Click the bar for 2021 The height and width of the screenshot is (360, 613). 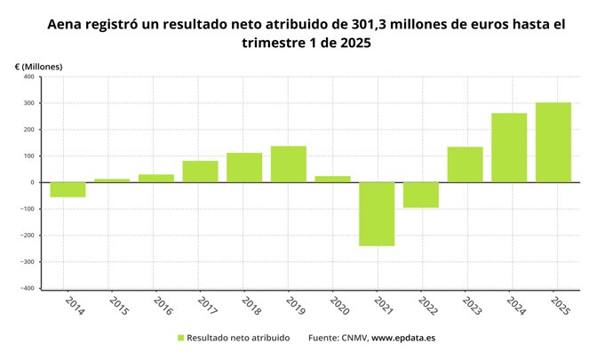tap(377, 214)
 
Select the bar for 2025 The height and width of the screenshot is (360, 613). tap(553, 142)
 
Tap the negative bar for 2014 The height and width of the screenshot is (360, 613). tap(68, 189)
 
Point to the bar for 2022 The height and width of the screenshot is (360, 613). tap(421, 195)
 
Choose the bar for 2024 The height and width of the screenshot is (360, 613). tap(509, 148)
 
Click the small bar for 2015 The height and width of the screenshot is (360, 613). tap(112, 180)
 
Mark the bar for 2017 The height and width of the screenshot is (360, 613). tap(200, 172)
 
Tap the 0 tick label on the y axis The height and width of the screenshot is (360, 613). tap(31, 182)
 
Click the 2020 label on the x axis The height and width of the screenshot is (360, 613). tap(338, 306)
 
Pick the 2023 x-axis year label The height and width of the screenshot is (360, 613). tap(470, 306)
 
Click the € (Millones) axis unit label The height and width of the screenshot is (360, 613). tap(39, 66)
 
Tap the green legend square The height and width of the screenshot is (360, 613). tap(181, 338)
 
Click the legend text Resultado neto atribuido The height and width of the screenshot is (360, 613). tap(238, 338)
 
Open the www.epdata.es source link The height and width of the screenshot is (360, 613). tap(402, 338)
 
